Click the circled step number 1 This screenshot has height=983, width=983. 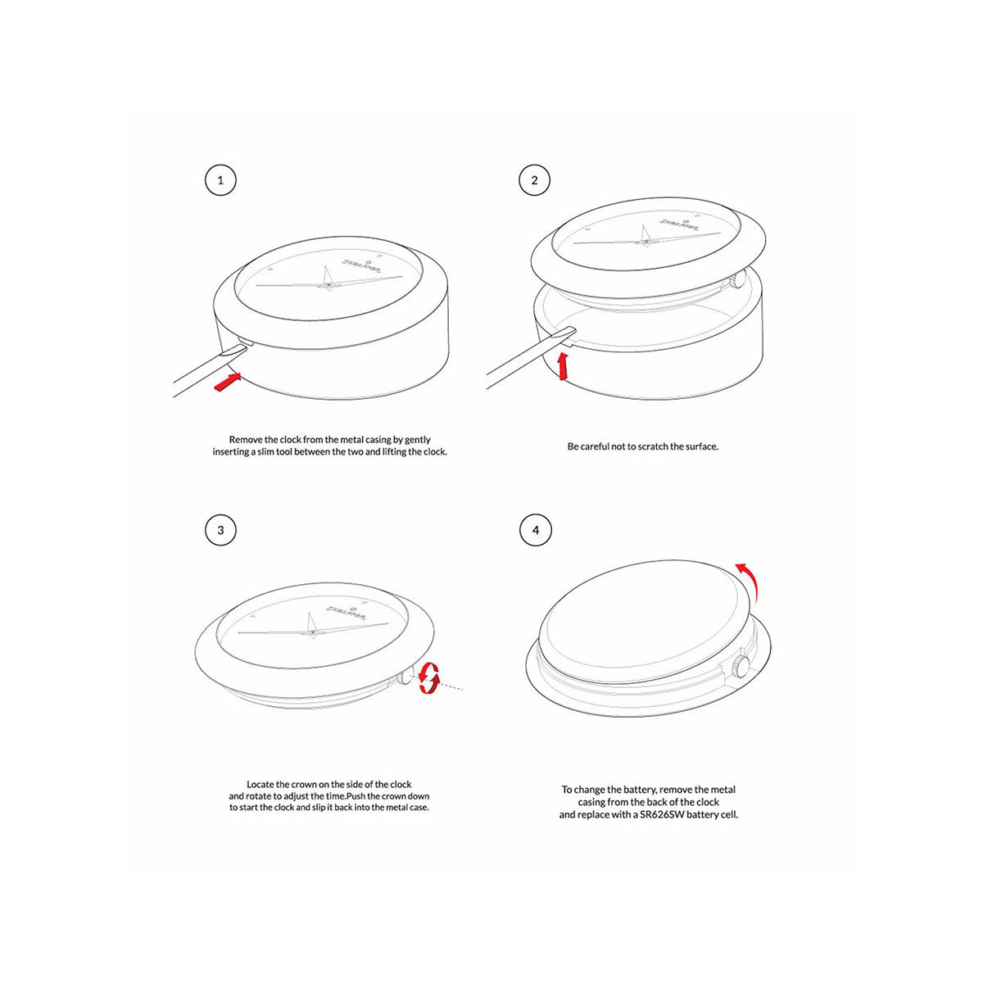220,180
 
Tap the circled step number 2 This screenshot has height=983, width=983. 535,180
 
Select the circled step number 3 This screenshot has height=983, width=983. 220,530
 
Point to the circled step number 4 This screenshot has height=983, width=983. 536,530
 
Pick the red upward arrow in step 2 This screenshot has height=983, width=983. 562,366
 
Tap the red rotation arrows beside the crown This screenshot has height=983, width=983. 428,679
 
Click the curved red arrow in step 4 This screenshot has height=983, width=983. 747,580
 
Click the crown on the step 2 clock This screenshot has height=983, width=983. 738,279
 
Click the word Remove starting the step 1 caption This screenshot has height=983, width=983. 246,440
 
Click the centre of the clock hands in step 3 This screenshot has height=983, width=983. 311,632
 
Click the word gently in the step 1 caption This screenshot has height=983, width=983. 417,440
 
